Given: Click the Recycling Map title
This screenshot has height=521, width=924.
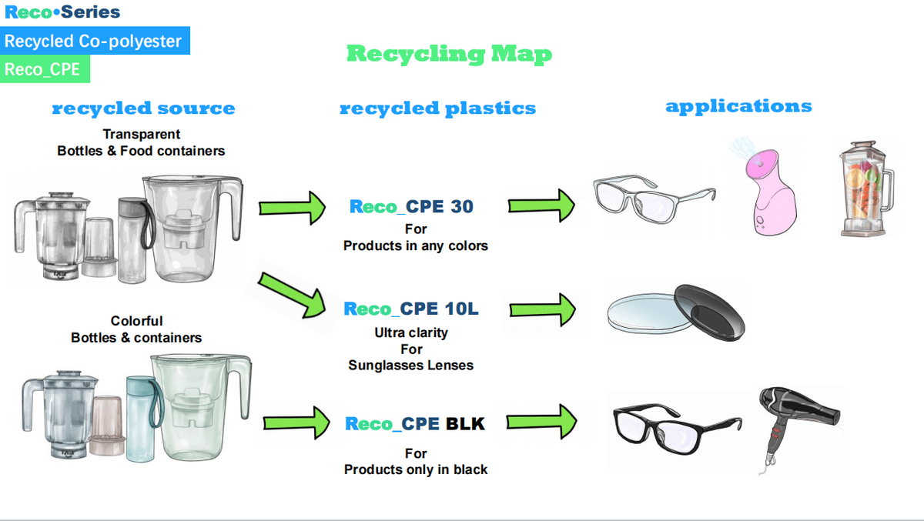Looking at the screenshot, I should tap(449, 54).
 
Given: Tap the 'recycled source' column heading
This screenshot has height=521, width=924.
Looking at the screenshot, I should tap(143, 109).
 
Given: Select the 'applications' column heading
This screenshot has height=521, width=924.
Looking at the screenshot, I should tap(738, 106).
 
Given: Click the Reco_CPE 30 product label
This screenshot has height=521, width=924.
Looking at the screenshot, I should tap(411, 206).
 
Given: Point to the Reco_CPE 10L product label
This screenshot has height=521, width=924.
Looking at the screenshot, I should tap(411, 309).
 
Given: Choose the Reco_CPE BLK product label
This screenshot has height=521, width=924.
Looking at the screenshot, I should tap(415, 423).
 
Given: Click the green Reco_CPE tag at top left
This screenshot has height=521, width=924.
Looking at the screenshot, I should tap(45, 69).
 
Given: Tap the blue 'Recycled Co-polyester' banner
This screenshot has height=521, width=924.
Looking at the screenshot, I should tap(93, 41).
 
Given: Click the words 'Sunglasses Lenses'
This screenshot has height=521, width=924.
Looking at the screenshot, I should tap(410, 365).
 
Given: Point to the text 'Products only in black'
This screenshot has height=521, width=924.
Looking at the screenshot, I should tap(416, 469).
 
